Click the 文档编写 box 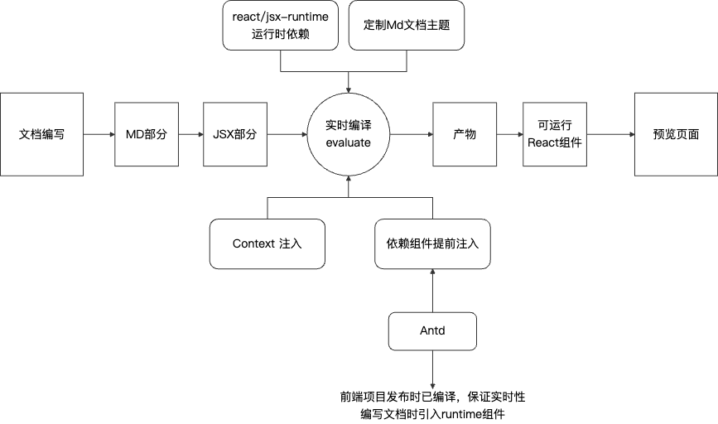coord(41,134)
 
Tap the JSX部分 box coord(234,134)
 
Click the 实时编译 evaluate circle coord(348,134)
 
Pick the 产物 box coord(465,134)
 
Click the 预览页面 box coord(675,134)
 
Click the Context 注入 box coord(267,243)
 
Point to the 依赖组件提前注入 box coord(432,243)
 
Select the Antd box coord(432,330)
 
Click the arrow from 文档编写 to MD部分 coord(99,134)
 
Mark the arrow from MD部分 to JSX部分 coord(191,134)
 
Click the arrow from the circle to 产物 coord(411,134)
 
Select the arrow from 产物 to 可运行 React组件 coord(509,134)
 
